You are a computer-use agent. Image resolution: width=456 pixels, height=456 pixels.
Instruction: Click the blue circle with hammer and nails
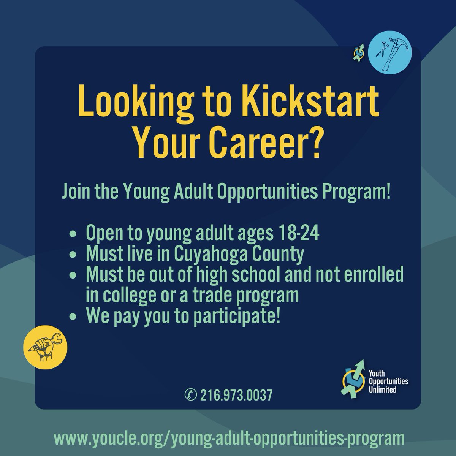(x=390, y=53)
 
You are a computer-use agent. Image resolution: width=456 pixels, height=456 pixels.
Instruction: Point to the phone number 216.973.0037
(x=235, y=396)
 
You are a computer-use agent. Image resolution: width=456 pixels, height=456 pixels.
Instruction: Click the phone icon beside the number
(x=189, y=396)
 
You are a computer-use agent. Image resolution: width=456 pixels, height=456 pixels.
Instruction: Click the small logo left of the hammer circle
(x=358, y=52)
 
